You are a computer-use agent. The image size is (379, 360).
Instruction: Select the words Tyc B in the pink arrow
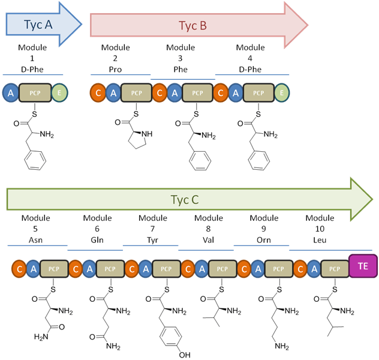pyautogui.click(x=192, y=25)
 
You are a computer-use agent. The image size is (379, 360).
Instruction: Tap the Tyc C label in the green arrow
pyautogui.click(x=187, y=200)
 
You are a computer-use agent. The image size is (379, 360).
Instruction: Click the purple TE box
pyautogui.click(x=362, y=265)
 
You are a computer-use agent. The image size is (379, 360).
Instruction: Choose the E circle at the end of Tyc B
pyautogui.click(x=282, y=92)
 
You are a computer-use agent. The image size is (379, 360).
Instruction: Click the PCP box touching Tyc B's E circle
pyautogui.click(x=259, y=92)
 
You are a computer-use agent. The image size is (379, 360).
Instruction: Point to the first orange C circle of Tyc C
pyautogui.click(x=19, y=268)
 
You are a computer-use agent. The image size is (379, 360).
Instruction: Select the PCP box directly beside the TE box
pyautogui.click(x=334, y=268)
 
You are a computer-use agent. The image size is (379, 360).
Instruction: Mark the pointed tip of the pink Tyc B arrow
pyautogui.click(x=308, y=25)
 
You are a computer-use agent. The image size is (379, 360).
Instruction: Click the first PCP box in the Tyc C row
pyautogui.click(x=53, y=268)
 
